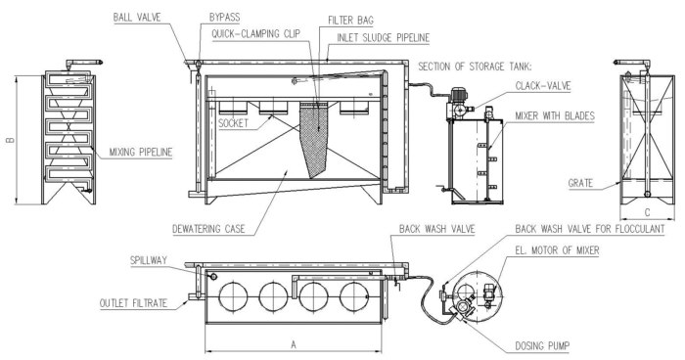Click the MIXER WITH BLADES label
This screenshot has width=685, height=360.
point(553,115)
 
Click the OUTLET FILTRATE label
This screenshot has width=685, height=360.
point(138,302)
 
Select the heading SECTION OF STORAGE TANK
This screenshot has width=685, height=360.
point(475,67)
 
